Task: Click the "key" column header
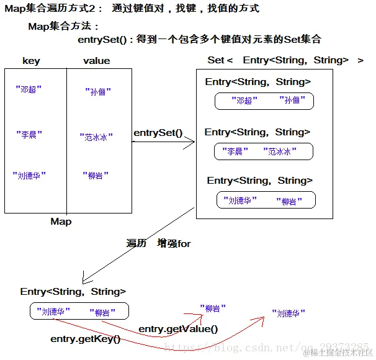click(31, 61)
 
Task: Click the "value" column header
click(97, 61)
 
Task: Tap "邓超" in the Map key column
click(29, 89)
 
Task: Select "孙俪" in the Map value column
click(98, 91)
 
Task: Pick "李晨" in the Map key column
click(29, 134)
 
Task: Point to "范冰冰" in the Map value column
click(96, 137)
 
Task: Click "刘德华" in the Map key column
click(29, 176)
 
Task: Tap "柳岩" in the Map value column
click(96, 176)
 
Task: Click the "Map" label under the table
click(61, 222)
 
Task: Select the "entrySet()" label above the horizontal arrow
click(158, 133)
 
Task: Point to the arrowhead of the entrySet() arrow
click(194, 142)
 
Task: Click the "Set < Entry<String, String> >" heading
click(285, 60)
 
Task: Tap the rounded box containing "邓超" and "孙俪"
click(264, 93)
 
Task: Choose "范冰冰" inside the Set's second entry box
click(280, 151)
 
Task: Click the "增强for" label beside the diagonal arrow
click(174, 243)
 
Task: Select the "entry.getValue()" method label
click(178, 329)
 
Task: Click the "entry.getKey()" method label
click(86, 339)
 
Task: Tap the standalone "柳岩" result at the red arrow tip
click(213, 308)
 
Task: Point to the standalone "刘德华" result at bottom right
click(289, 313)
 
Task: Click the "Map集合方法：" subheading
click(63, 26)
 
